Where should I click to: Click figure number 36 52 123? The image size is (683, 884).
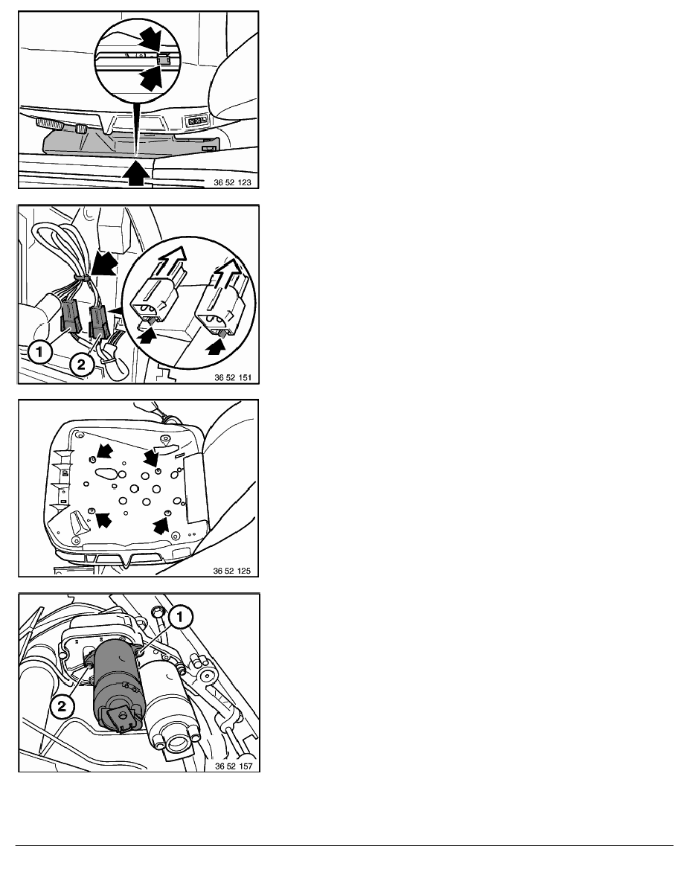pos(232,182)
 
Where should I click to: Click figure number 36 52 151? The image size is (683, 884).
pos(233,378)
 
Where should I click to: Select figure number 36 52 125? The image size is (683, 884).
pos(231,571)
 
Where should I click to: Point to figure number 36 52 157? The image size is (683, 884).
pos(234,766)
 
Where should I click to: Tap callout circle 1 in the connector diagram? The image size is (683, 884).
pos(39,353)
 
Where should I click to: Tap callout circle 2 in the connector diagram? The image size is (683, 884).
pos(81,364)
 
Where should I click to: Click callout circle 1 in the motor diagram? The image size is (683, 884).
pos(180,618)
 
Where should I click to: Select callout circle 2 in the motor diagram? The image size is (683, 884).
pos(62,706)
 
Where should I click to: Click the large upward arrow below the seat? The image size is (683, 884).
pos(135,172)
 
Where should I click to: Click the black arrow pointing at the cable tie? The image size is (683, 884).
pos(104,264)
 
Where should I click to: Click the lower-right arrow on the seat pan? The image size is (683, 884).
pos(161,526)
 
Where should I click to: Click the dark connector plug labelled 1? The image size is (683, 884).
pos(69,317)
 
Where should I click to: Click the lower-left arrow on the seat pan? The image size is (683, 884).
pos(103,520)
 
